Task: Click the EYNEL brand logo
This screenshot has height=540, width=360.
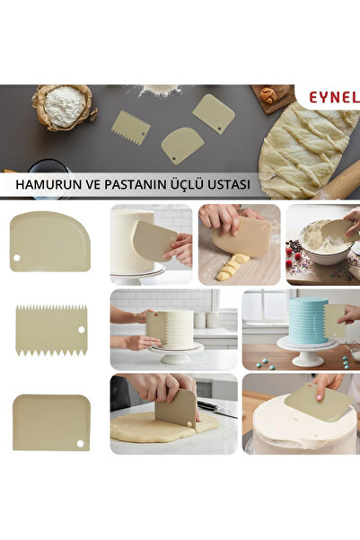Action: [x=334, y=94]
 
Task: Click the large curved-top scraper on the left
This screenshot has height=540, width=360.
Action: [x=49, y=241]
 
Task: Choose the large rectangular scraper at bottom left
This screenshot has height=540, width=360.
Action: [x=51, y=421]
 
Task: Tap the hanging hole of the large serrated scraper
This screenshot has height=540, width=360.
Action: [x=80, y=329]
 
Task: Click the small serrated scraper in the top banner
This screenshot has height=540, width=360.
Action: [x=130, y=125]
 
